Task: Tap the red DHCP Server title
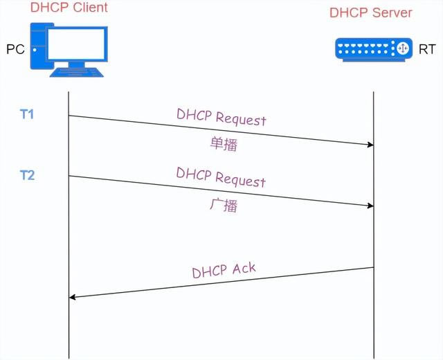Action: [370, 12]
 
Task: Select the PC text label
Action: [15, 50]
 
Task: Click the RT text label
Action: [427, 50]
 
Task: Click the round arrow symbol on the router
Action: [401, 49]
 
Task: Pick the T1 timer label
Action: [27, 114]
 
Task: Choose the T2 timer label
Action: [27, 174]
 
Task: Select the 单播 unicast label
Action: [223, 143]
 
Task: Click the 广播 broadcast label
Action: [223, 204]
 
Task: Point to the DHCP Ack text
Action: [224, 269]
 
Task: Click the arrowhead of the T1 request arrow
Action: [370, 145]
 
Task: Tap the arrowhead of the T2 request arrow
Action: [370, 206]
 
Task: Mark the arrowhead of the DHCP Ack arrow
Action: [73, 297]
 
